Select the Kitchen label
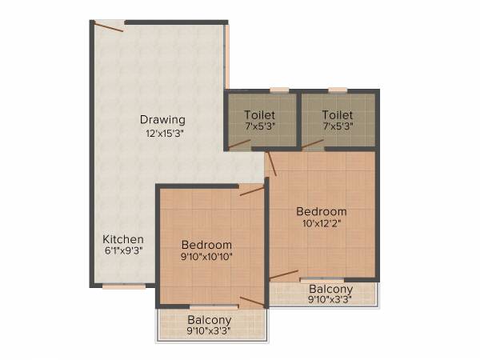coord(123,239)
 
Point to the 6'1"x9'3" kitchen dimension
coord(123,251)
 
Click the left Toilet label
coord(260,114)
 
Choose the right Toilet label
coord(337,114)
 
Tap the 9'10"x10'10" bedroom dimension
coord(206,257)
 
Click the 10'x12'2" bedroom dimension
coord(322,223)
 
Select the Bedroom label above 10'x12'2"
coord(322,211)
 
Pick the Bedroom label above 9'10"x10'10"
coord(206,245)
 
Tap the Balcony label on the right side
coord(330,289)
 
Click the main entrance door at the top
coord(109,26)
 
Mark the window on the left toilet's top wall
coord(279,90)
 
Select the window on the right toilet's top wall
coord(338,90)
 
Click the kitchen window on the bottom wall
coord(124,286)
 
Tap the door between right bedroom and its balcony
coord(284,275)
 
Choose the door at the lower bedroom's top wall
coord(251,190)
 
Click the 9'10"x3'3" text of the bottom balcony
coord(210,330)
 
